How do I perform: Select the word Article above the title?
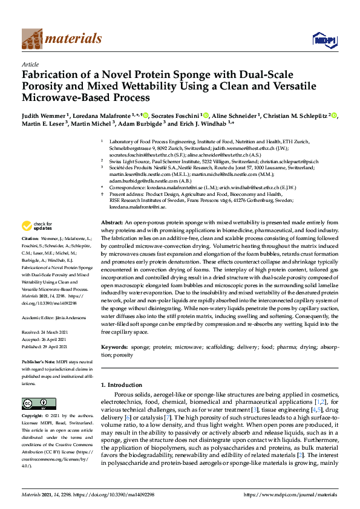coord(30,63)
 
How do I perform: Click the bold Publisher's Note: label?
coord(41,359)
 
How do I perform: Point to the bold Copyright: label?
coord(34,417)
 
